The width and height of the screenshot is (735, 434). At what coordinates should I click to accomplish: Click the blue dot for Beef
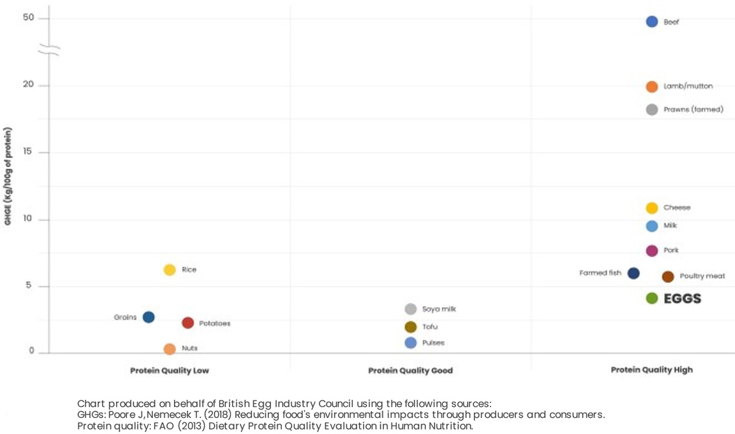click(652, 22)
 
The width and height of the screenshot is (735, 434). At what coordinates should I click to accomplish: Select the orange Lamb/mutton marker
click(652, 86)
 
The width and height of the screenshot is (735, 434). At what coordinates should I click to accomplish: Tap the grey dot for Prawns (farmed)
click(652, 110)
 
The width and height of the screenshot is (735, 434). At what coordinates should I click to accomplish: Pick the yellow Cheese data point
click(652, 208)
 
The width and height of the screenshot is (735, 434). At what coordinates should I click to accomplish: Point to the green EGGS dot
click(652, 298)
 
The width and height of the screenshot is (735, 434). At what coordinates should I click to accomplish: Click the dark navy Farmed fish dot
click(634, 273)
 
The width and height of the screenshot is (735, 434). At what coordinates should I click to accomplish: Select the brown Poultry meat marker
click(668, 277)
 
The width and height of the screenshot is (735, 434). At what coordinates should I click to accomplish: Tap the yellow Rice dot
click(170, 270)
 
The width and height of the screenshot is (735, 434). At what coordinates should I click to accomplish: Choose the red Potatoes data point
click(188, 322)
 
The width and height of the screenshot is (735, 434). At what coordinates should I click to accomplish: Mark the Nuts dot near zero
click(170, 349)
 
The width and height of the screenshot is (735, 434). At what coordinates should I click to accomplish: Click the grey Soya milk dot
click(411, 309)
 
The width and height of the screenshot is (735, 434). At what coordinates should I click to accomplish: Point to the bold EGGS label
click(682, 299)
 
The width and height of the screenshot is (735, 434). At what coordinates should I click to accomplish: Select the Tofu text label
click(430, 327)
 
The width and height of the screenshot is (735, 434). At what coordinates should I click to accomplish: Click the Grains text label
click(125, 317)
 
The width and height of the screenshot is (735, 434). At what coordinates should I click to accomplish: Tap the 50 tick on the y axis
click(27, 18)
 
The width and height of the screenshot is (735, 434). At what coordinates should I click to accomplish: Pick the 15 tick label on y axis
click(27, 152)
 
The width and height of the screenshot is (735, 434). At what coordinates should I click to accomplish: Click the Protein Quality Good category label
click(410, 371)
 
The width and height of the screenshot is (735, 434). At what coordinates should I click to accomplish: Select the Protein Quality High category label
click(652, 370)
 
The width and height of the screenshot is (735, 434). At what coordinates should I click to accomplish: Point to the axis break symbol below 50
click(49, 50)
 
